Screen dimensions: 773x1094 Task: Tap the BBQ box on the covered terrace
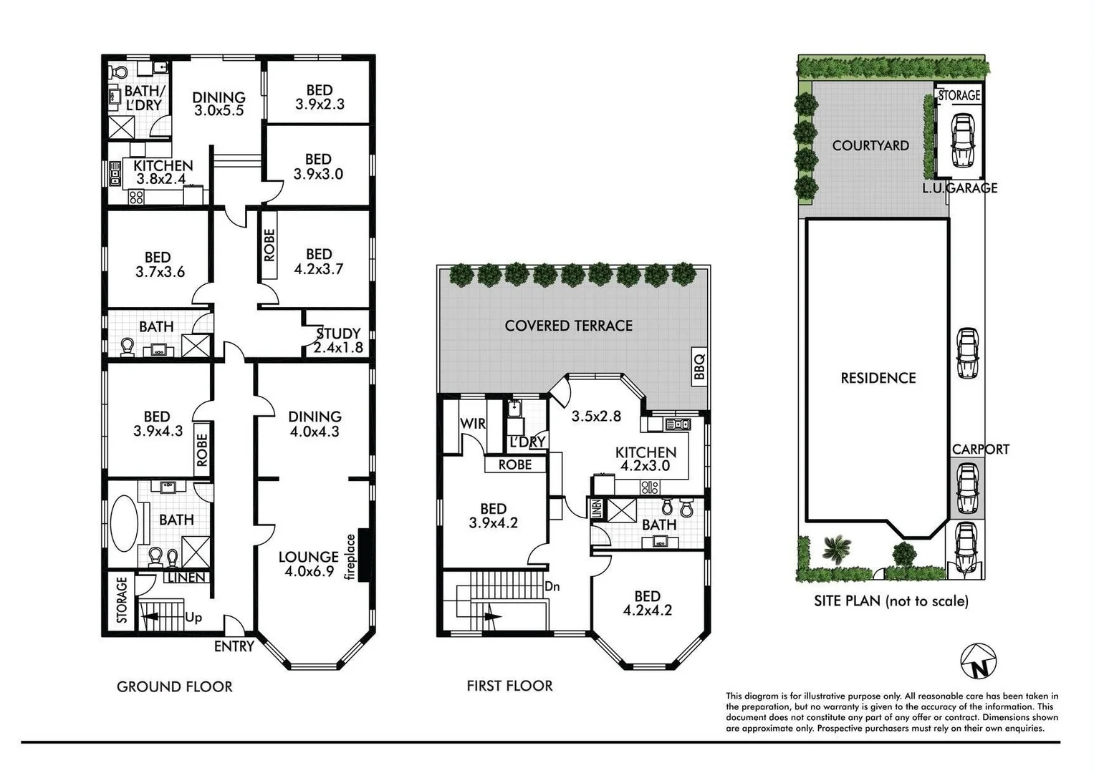click(700, 366)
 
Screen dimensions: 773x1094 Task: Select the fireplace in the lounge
click(363, 555)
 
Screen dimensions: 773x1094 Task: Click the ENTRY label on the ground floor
click(234, 646)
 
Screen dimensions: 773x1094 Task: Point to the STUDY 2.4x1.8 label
click(338, 341)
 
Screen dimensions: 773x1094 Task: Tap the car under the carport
click(967, 490)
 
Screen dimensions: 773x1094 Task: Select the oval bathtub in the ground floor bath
click(126, 524)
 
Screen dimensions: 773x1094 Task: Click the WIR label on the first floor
click(473, 423)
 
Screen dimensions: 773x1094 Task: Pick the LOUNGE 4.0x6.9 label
click(309, 563)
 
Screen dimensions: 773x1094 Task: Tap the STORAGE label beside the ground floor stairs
click(122, 600)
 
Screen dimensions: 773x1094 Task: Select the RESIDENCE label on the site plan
click(878, 378)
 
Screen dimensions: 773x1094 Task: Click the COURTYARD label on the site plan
click(870, 145)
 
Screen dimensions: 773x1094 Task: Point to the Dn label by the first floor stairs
click(552, 586)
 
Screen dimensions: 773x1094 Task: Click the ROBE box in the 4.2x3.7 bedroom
click(269, 245)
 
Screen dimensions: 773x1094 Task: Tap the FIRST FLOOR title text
click(509, 686)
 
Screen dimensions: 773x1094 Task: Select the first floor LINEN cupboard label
click(597, 509)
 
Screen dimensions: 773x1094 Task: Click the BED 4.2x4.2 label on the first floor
click(647, 603)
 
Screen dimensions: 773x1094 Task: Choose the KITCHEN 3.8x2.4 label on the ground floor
click(163, 172)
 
